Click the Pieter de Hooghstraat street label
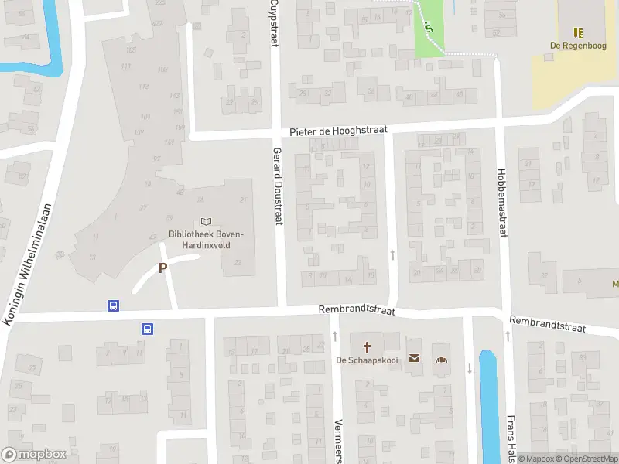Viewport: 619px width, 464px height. pyautogui.click(x=337, y=132)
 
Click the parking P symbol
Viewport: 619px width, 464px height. pyautogui.click(x=162, y=268)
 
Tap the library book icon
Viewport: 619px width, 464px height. pyautogui.click(x=206, y=222)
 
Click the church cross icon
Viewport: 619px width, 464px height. pyautogui.click(x=367, y=346)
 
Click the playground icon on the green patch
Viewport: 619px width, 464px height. pyautogui.click(x=428, y=28)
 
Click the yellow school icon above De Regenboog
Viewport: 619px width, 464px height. pyautogui.click(x=577, y=32)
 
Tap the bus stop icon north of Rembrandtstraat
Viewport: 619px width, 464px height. pyautogui.click(x=114, y=305)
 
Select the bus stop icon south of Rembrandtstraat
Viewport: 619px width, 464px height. pyautogui.click(x=147, y=329)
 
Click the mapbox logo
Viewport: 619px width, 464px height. pyautogui.click(x=34, y=455)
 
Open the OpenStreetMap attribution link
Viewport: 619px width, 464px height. pyautogui.click(x=584, y=459)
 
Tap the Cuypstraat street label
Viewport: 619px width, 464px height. pyautogui.click(x=274, y=23)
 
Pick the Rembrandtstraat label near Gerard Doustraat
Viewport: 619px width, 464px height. pyautogui.click(x=357, y=310)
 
